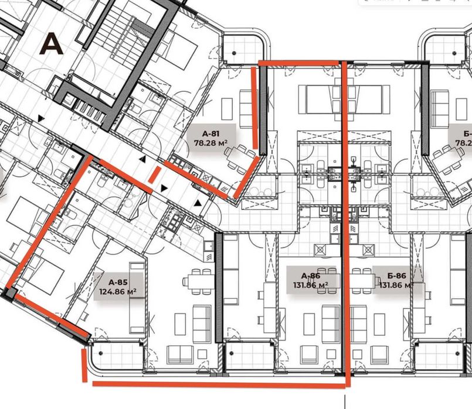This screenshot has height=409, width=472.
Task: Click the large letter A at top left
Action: tap(52, 43)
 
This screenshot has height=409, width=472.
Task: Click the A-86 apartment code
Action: tap(310, 276)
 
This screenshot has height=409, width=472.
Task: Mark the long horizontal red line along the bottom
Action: tap(220, 384)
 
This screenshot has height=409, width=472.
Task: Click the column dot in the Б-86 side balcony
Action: tap(423, 353)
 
